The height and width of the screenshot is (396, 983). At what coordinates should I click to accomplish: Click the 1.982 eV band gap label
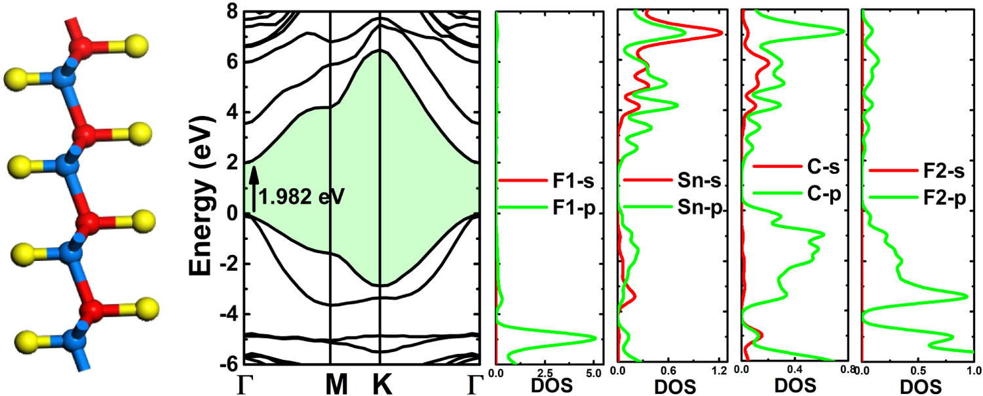coord(301,196)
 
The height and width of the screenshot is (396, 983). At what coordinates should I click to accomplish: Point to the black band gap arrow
coord(254,189)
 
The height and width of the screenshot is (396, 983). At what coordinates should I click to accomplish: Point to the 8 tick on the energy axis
coord(230,12)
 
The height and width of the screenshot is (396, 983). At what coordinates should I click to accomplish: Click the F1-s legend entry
coord(547,180)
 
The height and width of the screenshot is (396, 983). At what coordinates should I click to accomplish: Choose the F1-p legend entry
coord(547,208)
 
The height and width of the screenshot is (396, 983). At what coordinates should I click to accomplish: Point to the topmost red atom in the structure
coord(82,47)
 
